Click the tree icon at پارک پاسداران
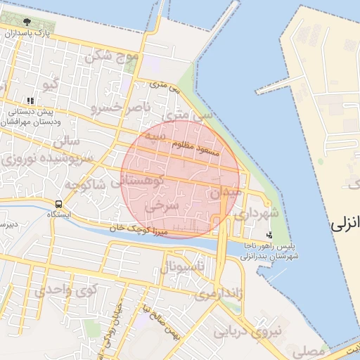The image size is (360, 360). (27, 22)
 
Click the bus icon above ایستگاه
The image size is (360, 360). (58, 204)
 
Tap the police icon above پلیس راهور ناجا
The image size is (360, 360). (269, 234)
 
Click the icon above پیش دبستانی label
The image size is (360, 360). (30, 101)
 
